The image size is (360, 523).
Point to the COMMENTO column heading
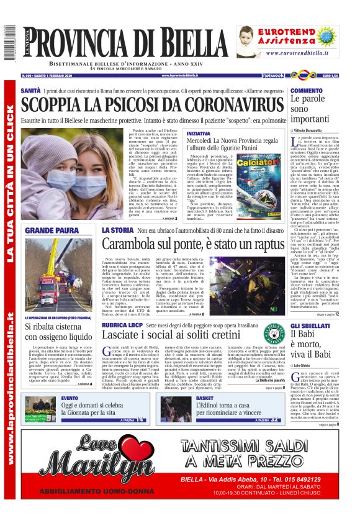[306, 91]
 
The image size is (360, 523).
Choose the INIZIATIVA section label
[198, 134]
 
